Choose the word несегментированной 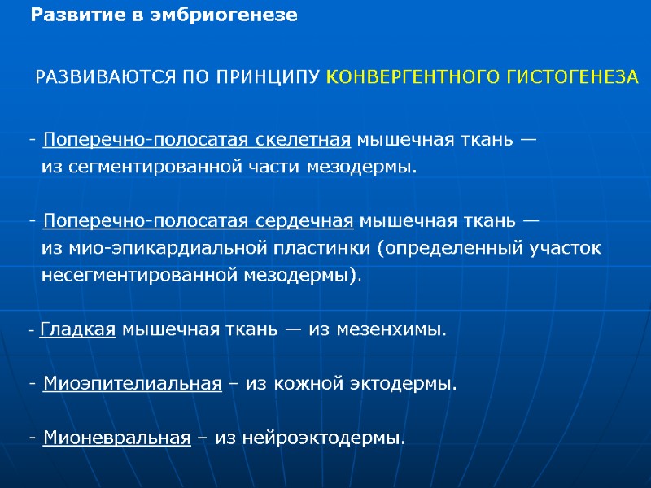click(x=139, y=275)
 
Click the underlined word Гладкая click(x=76, y=330)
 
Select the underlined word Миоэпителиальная click(x=132, y=384)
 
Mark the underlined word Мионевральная click(x=116, y=438)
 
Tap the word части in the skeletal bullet click(x=276, y=168)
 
